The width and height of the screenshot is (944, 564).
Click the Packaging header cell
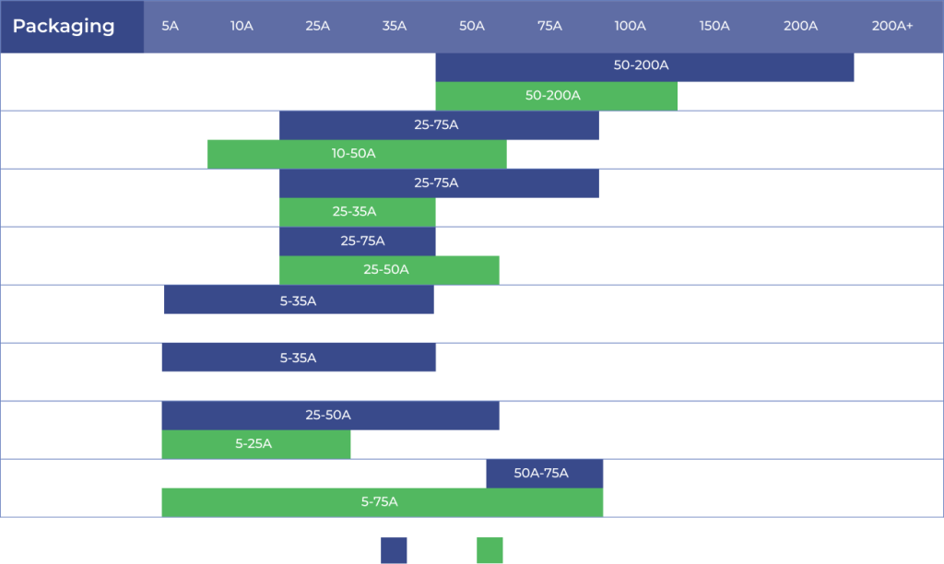pos(65,27)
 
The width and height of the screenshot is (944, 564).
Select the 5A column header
pos(170,27)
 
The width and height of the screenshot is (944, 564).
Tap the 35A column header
pos(394,27)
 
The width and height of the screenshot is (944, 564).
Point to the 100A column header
pos(630,27)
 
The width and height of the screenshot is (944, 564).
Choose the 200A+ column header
pos(891,27)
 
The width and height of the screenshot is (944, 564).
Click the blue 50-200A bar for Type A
pos(644,67)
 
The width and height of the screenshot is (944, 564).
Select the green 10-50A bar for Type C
pos(356,154)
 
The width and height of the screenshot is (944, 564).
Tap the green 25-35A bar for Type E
pos(357,212)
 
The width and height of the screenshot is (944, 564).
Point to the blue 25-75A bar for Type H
pos(358,241)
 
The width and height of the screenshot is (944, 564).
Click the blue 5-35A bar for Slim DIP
pos(299,300)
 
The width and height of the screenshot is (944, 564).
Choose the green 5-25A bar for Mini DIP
pos(255,444)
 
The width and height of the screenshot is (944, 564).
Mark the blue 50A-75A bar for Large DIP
pos(544,474)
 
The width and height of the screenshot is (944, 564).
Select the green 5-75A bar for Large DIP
pos(382,502)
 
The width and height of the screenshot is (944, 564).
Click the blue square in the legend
pos(394,551)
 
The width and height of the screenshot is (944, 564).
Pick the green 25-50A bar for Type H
pos(389,270)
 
